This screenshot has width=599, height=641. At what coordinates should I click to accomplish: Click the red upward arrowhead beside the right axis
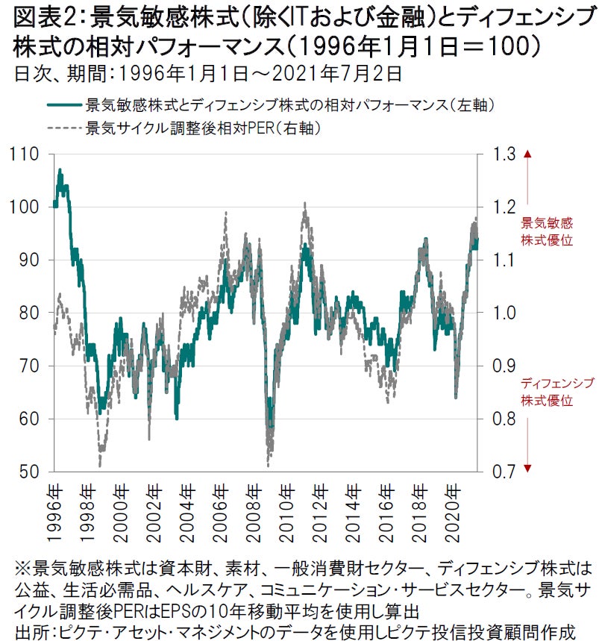[x=527, y=154]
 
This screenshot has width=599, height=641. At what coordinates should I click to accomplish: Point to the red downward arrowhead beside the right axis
[x=527, y=467]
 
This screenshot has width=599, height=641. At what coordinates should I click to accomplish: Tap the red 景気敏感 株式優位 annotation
[x=546, y=232]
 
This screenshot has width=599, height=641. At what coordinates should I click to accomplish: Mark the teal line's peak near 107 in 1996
[x=60, y=170]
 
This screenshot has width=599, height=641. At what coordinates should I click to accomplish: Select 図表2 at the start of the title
[x=37, y=15]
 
